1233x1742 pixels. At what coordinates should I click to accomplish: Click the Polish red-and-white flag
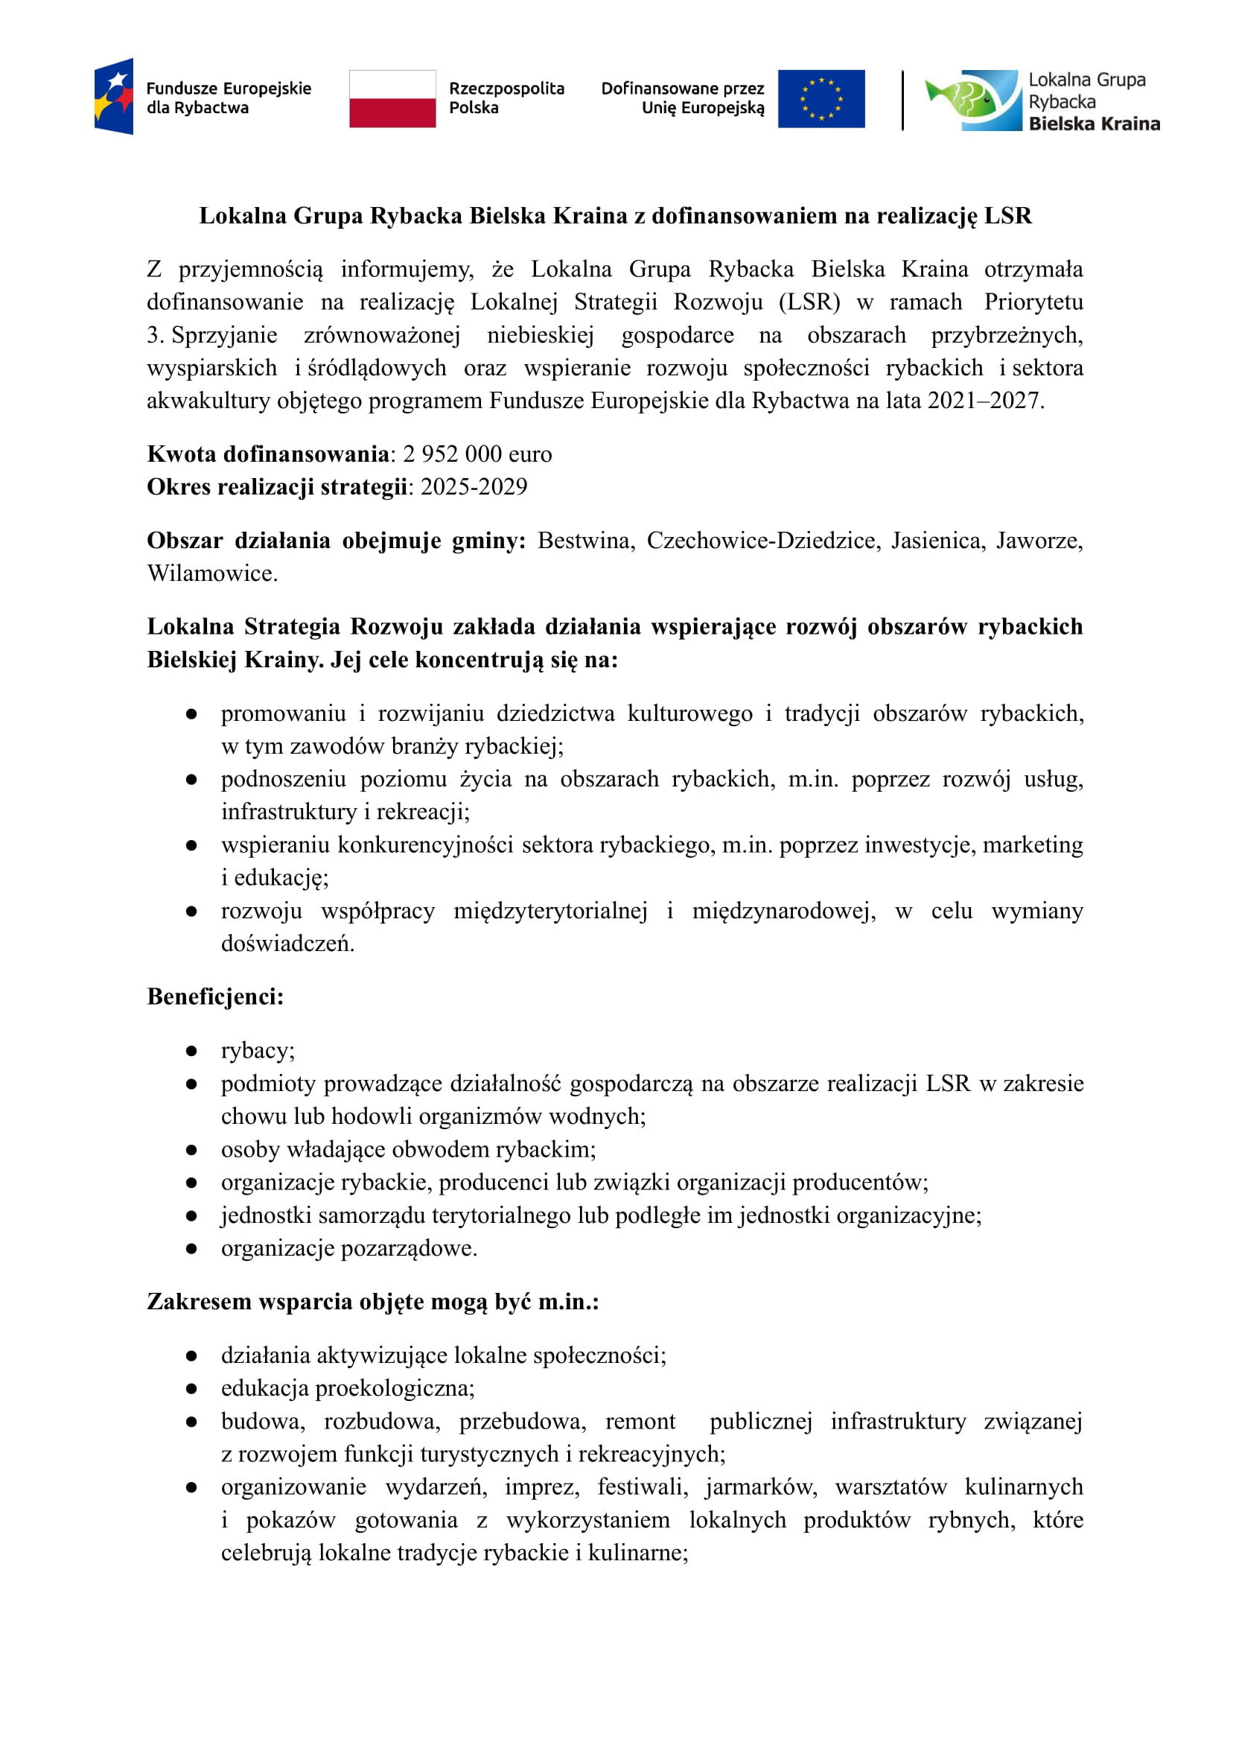tap(392, 99)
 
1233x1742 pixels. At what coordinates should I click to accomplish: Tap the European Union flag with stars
tap(821, 99)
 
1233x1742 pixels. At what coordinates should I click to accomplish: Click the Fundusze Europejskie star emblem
tap(114, 96)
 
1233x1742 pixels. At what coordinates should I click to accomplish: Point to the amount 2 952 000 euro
tap(477, 454)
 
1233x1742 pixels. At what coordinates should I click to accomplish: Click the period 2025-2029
tap(474, 487)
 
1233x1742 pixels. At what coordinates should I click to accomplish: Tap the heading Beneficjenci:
tap(215, 996)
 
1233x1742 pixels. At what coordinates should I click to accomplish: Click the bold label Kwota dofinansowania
tap(268, 454)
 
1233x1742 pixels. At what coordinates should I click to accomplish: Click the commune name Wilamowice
tap(211, 573)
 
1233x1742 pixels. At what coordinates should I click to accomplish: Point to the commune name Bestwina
tap(585, 541)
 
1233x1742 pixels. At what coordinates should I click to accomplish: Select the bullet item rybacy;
tap(258, 1050)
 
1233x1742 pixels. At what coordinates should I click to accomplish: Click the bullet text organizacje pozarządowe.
tap(349, 1248)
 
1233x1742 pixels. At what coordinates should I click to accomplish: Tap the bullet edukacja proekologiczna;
tap(348, 1388)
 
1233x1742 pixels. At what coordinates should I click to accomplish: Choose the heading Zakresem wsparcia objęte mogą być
tap(372, 1302)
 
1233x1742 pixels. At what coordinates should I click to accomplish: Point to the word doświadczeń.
tap(287, 943)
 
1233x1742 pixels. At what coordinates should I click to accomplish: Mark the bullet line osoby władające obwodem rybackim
tap(409, 1150)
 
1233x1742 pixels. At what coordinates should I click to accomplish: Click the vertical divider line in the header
tap(902, 100)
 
